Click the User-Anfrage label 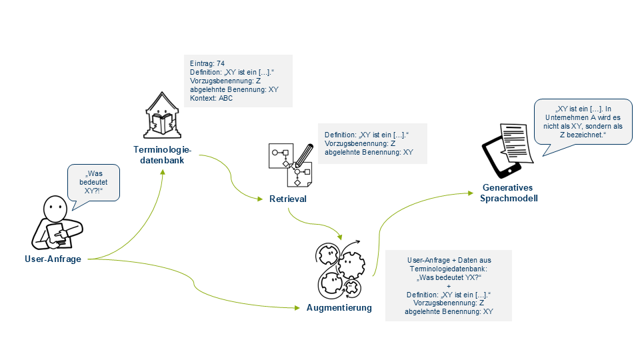pos(58,259)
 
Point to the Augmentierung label pos(339,308)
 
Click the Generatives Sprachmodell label pos(509,193)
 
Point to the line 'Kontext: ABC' pos(211,98)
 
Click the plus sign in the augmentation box pos(449,286)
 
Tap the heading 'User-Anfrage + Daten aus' pos(449,260)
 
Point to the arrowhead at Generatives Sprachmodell pos(473,194)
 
